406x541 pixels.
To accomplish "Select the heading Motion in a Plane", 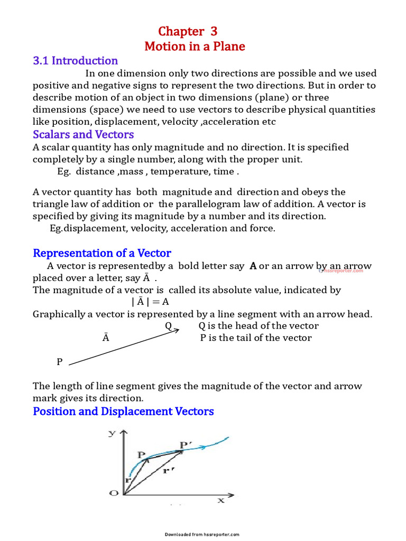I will click(x=195, y=46).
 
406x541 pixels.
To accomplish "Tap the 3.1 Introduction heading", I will click(x=75, y=61).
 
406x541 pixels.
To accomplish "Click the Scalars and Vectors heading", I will click(x=83, y=134).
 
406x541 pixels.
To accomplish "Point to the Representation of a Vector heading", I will click(x=102, y=253).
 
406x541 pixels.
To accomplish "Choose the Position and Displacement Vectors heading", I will click(x=123, y=411).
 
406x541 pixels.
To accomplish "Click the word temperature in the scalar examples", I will click(x=182, y=172).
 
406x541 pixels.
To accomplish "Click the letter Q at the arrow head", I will click(x=168, y=326).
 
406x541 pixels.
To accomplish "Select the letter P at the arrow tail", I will click(x=60, y=362).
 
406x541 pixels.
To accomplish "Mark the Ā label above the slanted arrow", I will click(x=106, y=338).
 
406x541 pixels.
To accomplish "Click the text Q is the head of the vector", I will click(x=259, y=326).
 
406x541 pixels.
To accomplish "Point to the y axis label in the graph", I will click(x=112, y=433).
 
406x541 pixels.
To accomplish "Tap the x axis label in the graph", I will click(x=220, y=499).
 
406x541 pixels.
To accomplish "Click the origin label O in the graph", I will click(x=114, y=493).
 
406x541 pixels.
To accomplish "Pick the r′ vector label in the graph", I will click(x=169, y=470).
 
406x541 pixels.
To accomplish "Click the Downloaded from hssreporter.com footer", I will click(x=202, y=534).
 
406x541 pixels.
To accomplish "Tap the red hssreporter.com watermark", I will click(x=341, y=270).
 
